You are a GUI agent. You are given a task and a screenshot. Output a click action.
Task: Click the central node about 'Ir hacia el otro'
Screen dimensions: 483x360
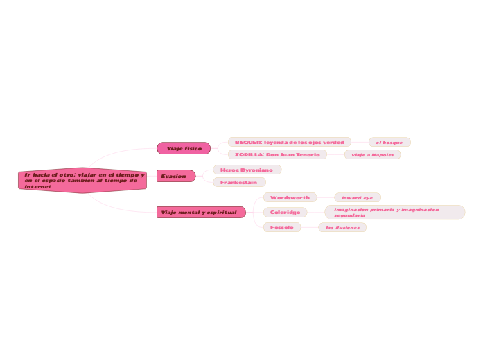point(82,180)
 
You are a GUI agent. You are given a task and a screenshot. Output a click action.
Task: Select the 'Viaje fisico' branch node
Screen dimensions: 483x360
point(184,148)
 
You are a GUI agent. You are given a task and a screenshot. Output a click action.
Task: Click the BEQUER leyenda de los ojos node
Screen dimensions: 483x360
point(289,142)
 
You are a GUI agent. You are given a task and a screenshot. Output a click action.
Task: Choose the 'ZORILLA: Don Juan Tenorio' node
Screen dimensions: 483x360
point(277,154)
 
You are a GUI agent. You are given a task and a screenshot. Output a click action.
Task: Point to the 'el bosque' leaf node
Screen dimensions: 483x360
point(389,142)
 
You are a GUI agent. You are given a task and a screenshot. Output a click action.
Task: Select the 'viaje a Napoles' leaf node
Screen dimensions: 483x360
point(373,154)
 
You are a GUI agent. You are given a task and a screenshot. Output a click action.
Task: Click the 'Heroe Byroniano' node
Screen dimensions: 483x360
point(247,170)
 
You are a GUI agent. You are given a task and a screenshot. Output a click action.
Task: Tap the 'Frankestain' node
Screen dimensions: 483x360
point(239,182)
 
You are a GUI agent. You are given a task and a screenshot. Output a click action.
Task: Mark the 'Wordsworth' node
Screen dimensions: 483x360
point(290,197)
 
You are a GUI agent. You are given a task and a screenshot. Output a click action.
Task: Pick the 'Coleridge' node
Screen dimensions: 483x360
point(285,212)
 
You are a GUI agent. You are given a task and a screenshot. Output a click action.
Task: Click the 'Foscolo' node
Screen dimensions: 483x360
point(282,227)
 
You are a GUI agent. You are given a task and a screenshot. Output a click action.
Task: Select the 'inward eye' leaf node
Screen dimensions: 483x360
point(357,197)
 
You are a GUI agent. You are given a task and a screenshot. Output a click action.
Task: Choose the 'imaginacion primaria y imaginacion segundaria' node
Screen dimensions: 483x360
point(394,212)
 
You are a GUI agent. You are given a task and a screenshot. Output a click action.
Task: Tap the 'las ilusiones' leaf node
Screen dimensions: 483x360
point(342,227)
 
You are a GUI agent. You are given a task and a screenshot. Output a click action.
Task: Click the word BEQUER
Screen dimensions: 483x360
point(247,142)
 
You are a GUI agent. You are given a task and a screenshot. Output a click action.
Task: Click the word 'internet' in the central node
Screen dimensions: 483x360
point(38,186)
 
